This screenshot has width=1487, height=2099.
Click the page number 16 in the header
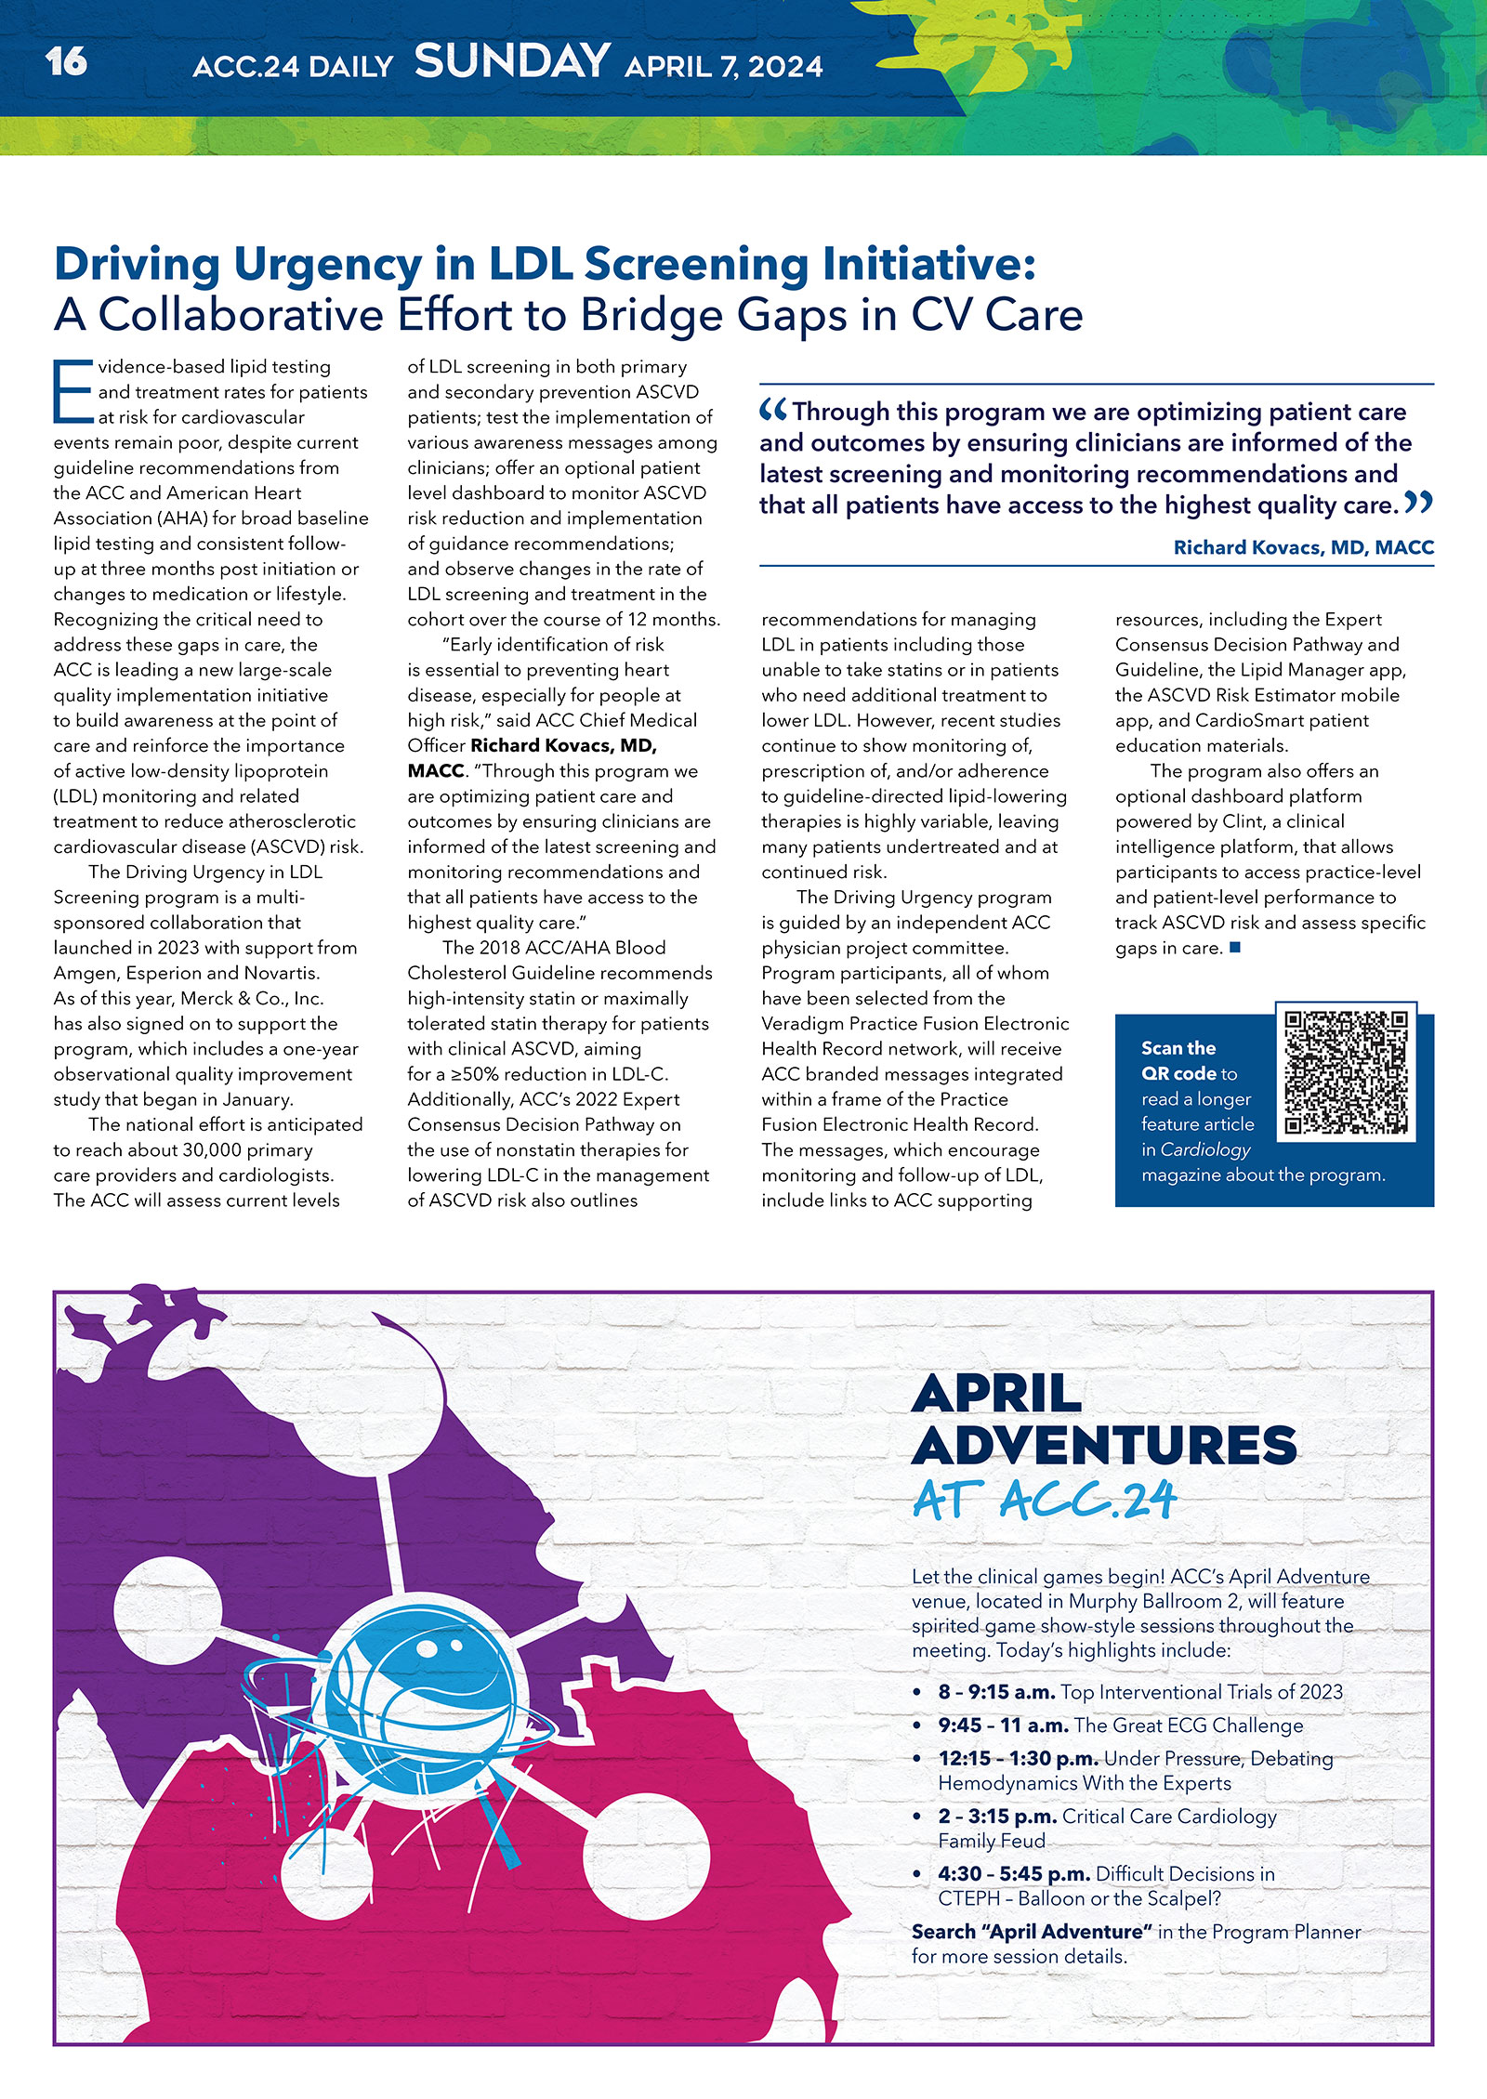66,62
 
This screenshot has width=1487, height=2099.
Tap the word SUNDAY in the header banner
512,62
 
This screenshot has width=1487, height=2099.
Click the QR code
1346,1072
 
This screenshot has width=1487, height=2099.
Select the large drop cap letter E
72,392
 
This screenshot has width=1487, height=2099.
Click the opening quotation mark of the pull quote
773,409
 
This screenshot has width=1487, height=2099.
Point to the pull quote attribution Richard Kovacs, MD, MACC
1303,547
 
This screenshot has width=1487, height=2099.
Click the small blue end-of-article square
1235,948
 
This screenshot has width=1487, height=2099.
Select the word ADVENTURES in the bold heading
1104,1445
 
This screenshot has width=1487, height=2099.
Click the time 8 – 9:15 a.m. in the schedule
996,1692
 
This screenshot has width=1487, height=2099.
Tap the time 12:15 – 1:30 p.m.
1019,1758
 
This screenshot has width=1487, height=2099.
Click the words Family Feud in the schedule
992,1841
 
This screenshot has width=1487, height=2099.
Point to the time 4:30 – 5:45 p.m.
1014,1873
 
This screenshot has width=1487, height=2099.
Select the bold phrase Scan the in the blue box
1178,1048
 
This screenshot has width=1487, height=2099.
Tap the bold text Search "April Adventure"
1032,1932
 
